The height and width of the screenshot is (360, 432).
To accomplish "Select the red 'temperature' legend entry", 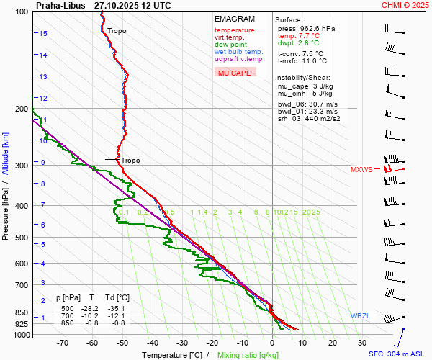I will [234, 30].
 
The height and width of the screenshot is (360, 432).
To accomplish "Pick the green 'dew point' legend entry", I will [230, 45].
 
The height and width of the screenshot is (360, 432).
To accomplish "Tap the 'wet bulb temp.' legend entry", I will [238, 52].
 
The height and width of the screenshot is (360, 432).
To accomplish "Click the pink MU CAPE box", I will [235, 73].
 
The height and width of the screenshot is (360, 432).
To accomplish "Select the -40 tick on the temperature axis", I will [153, 343].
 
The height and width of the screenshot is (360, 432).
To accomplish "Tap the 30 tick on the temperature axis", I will [362, 343].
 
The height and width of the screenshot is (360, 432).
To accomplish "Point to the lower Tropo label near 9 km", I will [130, 161].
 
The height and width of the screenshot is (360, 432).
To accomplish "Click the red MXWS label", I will [361, 170].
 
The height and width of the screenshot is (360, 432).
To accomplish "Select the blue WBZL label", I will [359, 316].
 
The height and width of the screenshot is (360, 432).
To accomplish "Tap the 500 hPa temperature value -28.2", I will [92, 308].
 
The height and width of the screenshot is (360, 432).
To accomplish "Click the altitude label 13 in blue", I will [43, 77].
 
